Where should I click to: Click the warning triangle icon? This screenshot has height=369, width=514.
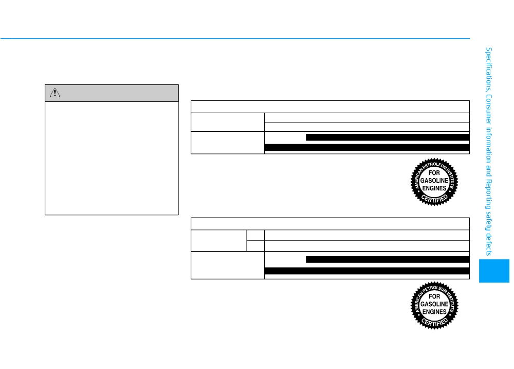[55, 93]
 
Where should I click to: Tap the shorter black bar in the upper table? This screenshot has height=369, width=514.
[388, 137]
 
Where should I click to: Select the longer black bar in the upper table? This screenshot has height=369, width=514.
[367, 147]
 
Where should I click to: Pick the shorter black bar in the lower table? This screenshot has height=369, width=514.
[388, 259]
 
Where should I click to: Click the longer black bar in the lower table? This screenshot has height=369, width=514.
[367, 271]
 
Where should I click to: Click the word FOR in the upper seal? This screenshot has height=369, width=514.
[434, 173]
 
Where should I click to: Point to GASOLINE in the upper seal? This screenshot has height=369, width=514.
[434, 181]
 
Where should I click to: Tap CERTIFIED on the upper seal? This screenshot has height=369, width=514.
[435, 198]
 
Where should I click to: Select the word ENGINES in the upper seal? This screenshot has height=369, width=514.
[434, 188]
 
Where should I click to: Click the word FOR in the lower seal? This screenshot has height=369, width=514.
[434, 296]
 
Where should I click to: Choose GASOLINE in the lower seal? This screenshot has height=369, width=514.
[434, 304]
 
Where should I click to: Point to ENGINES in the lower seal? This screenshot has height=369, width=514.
[434, 311]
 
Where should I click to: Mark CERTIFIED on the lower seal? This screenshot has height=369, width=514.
[435, 322]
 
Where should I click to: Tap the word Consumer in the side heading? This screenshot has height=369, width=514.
[488, 109]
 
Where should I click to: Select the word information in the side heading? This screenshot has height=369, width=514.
[488, 145]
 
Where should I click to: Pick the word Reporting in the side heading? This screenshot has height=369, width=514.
[488, 194]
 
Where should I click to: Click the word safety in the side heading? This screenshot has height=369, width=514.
[488, 221]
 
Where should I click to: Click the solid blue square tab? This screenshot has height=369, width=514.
[494, 271]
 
